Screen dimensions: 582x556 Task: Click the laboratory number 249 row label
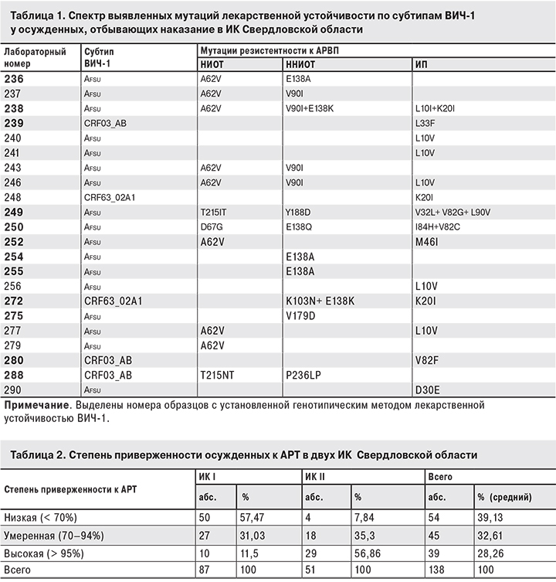[x=15, y=212]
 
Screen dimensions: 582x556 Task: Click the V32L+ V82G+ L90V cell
[x=453, y=212]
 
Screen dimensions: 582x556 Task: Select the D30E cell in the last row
[x=428, y=390]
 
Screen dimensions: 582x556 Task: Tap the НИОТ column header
[x=212, y=64]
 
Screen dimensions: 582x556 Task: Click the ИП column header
[x=422, y=64]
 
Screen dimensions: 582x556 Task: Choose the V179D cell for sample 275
[x=300, y=315]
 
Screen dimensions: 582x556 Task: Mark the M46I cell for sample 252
[x=427, y=241]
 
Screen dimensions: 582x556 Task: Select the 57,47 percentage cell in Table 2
[x=255, y=517]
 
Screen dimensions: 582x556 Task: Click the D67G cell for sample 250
[x=212, y=226]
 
